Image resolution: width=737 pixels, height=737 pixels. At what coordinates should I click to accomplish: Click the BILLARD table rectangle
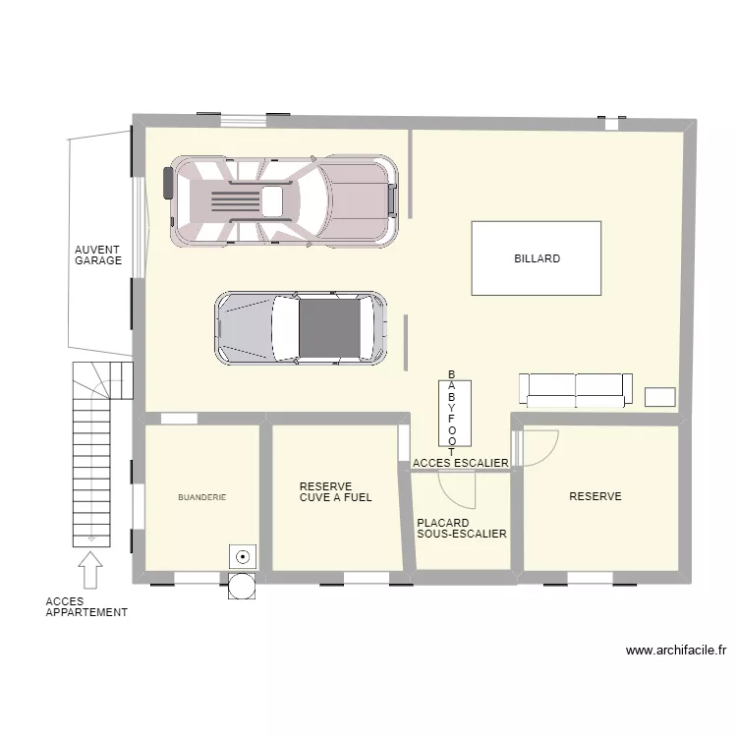coord(536,257)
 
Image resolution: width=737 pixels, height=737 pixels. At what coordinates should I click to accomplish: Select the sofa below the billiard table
coord(575,390)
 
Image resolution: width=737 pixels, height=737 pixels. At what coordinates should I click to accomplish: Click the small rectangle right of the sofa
coord(659,396)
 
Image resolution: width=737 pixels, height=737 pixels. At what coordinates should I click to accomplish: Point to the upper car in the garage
coord(285,200)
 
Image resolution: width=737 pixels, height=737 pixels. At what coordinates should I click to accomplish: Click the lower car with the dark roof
coord(301,327)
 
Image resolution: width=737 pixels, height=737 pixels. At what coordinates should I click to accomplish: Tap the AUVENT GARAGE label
coord(98,255)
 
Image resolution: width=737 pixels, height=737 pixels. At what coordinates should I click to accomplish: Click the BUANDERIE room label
coord(202,498)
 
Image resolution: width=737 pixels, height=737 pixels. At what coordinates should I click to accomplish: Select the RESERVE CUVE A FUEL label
coord(335,491)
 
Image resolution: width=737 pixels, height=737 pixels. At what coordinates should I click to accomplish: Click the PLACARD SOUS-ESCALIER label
coord(461,529)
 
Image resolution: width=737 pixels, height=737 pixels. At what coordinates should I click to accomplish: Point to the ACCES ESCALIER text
coord(461,463)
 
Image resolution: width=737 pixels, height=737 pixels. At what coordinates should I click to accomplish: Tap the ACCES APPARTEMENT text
coord(86,606)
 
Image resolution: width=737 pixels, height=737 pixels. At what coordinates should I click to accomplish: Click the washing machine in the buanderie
coord(241,556)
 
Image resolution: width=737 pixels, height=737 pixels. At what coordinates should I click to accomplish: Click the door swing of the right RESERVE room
coord(540,447)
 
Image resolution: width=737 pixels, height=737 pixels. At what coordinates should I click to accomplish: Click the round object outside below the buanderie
coord(241,586)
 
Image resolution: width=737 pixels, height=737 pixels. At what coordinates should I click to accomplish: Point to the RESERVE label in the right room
coord(595,497)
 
